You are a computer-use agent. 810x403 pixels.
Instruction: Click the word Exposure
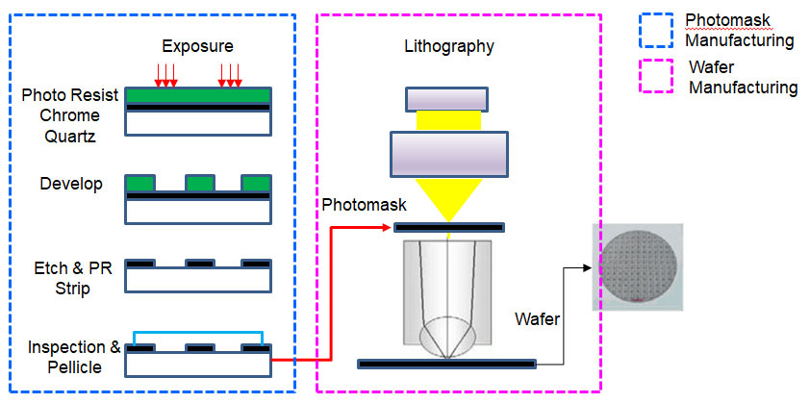coord(197,46)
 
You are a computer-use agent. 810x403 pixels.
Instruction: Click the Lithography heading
coord(450,46)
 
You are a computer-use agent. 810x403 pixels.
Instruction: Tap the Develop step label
coord(71,184)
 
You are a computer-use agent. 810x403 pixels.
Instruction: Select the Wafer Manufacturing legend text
coord(741,78)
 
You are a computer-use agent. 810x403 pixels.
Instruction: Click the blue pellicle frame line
coord(198,330)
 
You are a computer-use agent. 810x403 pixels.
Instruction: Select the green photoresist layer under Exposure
coord(198,96)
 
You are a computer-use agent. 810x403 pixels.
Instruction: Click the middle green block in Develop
coord(199,183)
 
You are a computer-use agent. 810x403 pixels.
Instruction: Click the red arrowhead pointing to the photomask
coord(388,228)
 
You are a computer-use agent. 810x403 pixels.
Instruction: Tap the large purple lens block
coord(449,151)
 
